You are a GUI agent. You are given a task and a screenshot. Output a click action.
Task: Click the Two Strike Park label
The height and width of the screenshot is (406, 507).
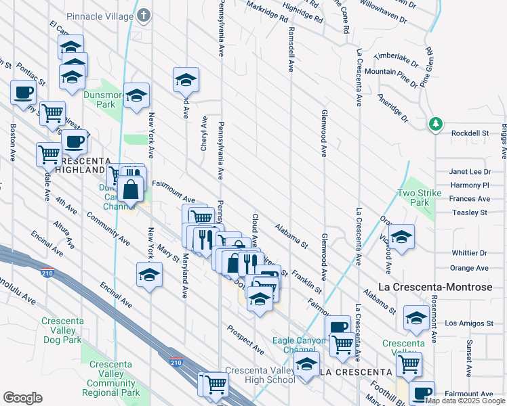coord(414,198)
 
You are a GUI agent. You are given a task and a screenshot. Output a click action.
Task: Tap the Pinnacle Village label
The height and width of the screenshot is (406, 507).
coord(101,15)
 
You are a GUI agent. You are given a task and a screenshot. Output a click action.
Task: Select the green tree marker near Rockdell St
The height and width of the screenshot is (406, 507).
coord(436,124)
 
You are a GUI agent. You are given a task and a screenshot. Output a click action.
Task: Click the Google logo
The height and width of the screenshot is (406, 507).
coord(22,397)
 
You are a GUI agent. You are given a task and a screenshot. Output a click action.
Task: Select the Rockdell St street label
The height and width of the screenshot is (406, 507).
coord(470,133)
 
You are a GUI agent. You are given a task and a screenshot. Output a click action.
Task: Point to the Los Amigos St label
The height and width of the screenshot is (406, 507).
coord(467,323)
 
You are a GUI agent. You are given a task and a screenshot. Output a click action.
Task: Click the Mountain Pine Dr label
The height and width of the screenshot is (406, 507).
coord(390,72)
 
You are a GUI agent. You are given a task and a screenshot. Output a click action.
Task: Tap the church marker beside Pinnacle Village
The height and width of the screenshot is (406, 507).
coord(143,14)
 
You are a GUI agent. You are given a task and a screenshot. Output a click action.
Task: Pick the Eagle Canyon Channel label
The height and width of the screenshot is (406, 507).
coord(295,345)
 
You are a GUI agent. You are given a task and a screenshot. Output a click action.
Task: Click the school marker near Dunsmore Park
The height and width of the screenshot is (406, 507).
coord(136,95)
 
